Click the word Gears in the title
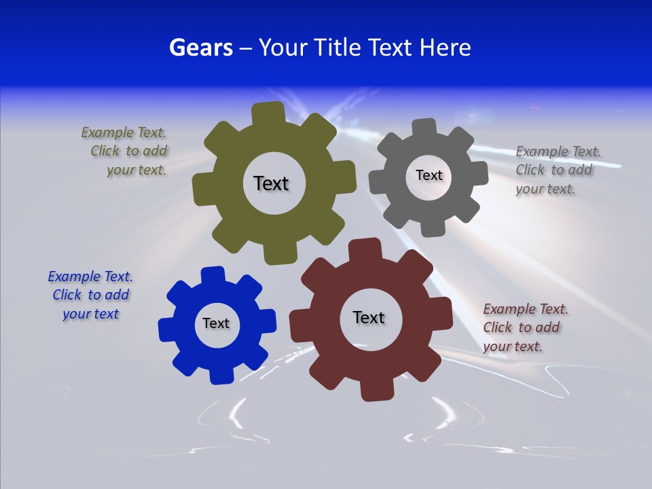pyautogui.click(x=200, y=48)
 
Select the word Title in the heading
pyautogui.click(x=338, y=48)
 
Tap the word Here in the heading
pyautogui.click(x=445, y=48)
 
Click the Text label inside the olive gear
pyautogui.click(x=271, y=183)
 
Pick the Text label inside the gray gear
pyautogui.click(x=429, y=175)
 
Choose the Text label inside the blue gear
pyautogui.click(x=216, y=323)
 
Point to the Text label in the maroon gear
pyautogui.click(x=369, y=317)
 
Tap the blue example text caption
pyautogui.click(x=90, y=295)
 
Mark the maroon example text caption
pyautogui.click(x=524, y=327)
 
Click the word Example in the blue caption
pyautogui.click(x=73, y=276)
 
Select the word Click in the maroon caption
pyautogui.click(x=497, y=327)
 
